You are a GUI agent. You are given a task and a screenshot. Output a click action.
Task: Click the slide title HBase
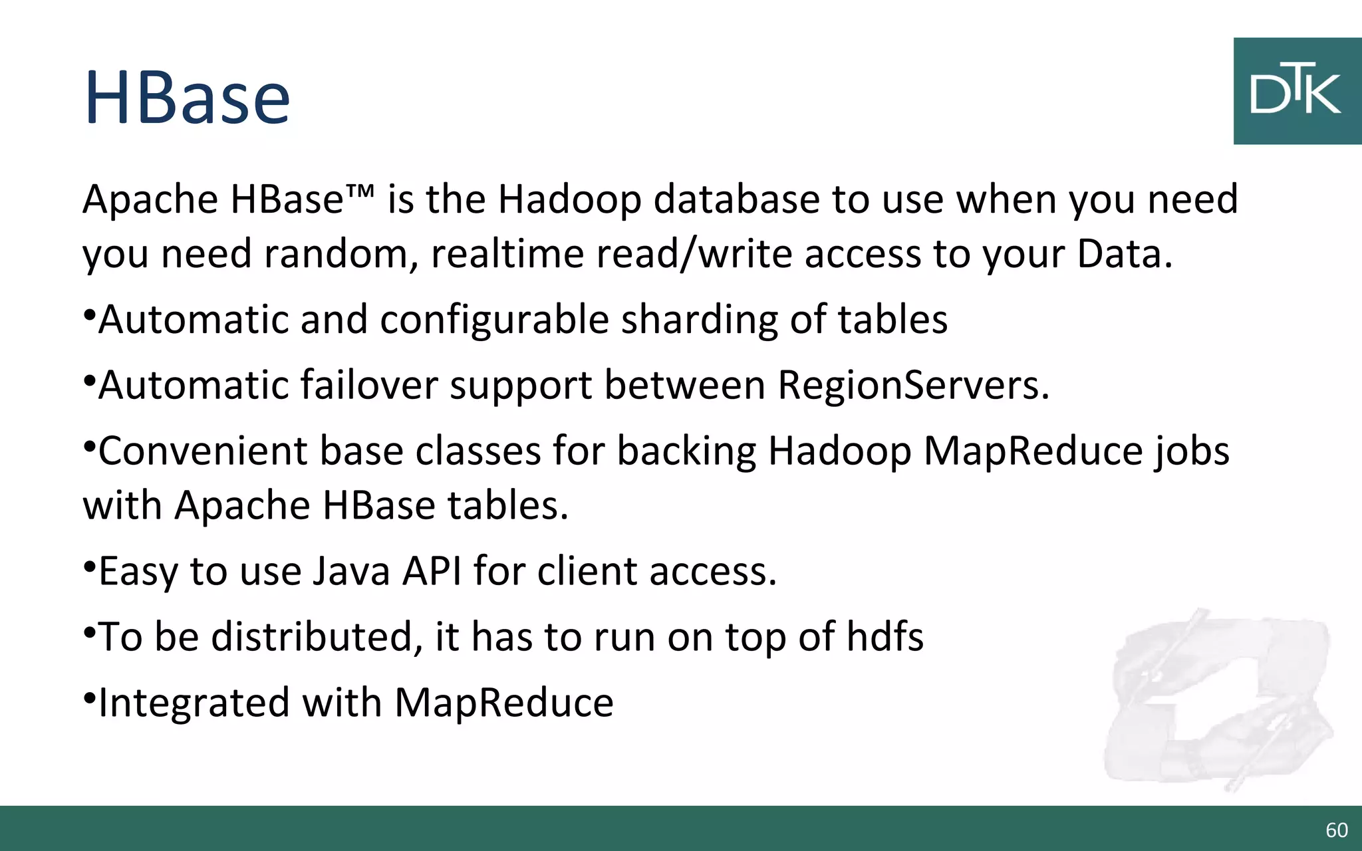click(187, 98)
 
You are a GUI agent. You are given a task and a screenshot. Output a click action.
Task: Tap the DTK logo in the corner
click(1296, 91)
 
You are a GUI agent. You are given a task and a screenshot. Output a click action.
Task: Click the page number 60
click(1337, 830)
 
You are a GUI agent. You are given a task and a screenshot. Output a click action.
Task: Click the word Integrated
click(194, 703)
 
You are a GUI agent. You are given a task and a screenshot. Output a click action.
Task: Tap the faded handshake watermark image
click(1217, 698)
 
